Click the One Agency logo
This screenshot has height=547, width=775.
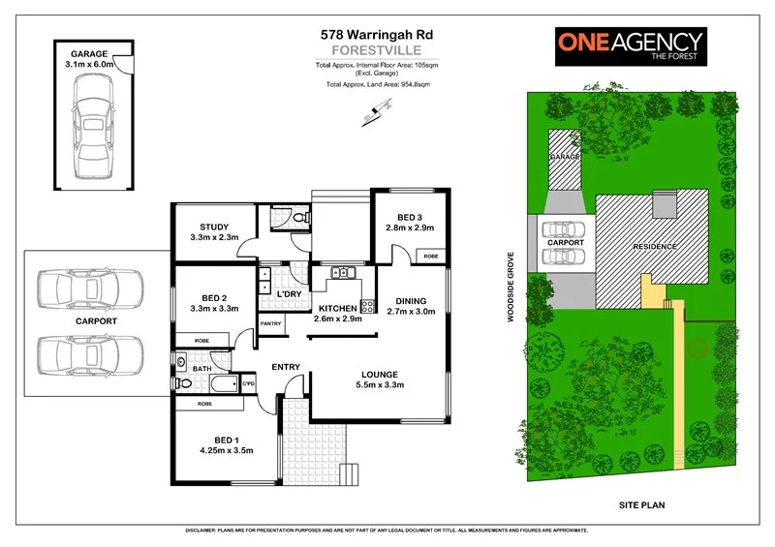pos(630,46)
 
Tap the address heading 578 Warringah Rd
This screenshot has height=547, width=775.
pos(377,33)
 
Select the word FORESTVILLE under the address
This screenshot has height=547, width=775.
pos(377,49)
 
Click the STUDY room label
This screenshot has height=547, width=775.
pos(214,231)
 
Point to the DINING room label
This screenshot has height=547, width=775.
pos(411,306)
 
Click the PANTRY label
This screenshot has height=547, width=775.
pos(269,324)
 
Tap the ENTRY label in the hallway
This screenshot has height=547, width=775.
pos(286,367)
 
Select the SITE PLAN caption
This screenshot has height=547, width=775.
pos(642,505)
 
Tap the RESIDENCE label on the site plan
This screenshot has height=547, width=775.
pos(655,247)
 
